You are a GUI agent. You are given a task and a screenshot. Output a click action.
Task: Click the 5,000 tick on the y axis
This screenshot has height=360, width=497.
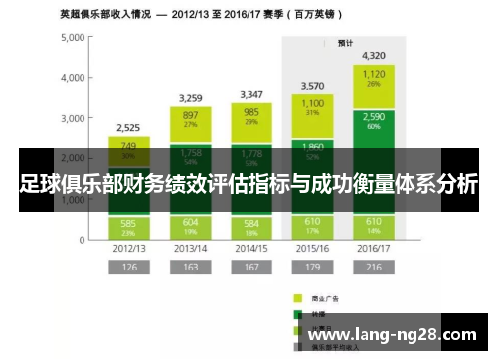click(x=70, y=37)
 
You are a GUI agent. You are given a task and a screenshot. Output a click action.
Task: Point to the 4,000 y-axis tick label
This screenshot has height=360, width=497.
click(x=70, y=77)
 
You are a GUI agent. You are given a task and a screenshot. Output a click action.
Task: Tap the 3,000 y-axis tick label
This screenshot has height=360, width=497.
click(x=70, y=117)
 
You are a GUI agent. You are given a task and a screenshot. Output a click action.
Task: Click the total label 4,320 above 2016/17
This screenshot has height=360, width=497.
click(x=374, y=55)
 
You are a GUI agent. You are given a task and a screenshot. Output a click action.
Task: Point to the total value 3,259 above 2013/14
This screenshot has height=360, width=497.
click(x=191, y=97)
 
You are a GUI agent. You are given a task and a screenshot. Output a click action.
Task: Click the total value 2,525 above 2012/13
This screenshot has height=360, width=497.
click(x=128, y=127)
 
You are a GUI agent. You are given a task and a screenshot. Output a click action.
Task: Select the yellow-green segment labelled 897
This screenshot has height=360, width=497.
click(x=191, y=119)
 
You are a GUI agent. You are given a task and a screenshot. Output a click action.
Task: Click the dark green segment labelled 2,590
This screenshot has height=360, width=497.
click(x=374, y=120)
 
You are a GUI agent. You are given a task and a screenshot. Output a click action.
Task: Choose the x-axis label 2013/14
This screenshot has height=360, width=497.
click(x=191, y=246)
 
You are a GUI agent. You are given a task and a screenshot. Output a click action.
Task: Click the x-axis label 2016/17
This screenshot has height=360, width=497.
click(x=374, y=246)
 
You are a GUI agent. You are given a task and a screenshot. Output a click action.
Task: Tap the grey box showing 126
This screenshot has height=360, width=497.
click(x=128, y=268)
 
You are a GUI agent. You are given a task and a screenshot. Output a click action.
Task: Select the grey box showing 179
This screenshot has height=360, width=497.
click(x=312, y=268)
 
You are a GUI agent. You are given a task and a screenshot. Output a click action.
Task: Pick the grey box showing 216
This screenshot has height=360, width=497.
click(x=374, y=268)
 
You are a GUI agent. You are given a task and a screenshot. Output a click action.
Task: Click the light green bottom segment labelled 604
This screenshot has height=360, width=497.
click(x=191, y=224)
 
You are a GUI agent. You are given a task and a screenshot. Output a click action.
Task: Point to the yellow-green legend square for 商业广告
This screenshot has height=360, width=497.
click(x=297, y=296)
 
